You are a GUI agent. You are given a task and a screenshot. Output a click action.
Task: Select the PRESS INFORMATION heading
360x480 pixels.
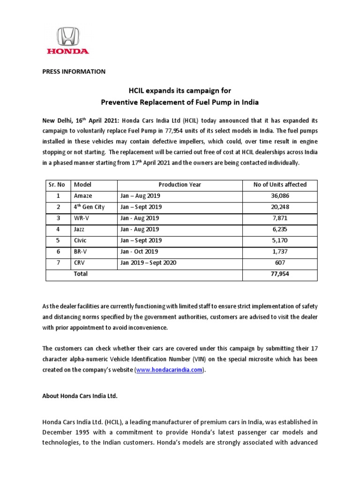coord(74,72)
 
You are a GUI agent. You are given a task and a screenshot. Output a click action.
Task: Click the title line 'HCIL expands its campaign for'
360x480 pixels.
coord(180,90)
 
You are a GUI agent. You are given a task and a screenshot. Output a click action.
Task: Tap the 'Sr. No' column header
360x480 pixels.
coord(58,185)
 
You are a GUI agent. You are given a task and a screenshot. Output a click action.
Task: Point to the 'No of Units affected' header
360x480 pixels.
coord(280,185)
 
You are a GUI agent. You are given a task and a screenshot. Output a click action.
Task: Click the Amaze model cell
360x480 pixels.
coord(82,196)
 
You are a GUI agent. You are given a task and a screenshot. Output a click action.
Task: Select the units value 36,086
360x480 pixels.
coord(280,196)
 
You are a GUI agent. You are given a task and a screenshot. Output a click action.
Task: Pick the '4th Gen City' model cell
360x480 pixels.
coord(89,207)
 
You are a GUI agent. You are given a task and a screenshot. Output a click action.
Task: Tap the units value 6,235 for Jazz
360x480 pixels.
coord(280,229)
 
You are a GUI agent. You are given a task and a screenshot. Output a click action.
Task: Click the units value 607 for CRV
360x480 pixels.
coord(280,262)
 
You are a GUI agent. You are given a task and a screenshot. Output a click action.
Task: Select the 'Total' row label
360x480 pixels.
coord(81,274)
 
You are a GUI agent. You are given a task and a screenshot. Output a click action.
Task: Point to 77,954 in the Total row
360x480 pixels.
coord(280,274)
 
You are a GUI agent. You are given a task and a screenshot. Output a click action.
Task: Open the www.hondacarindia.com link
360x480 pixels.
coord(169,370)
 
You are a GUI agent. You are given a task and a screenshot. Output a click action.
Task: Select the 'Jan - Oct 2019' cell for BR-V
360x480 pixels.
coord(139,251)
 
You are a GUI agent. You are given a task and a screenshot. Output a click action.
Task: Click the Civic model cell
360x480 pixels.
coord(81,240)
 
